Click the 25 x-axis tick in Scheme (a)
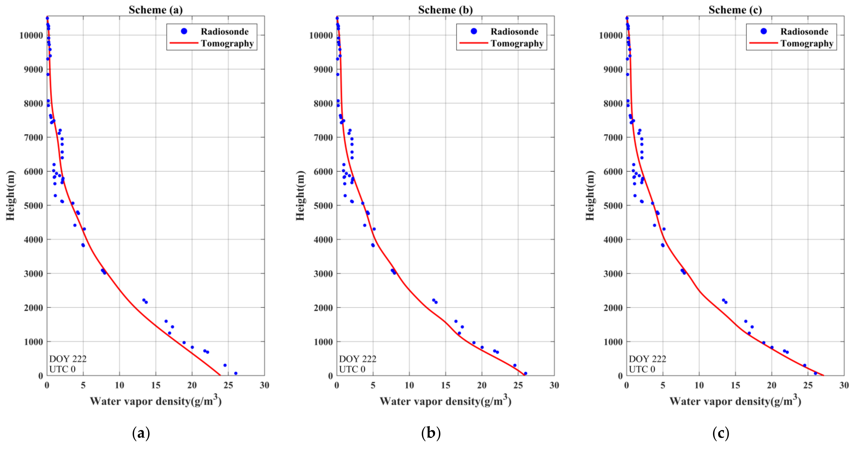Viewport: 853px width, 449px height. pos(228,385)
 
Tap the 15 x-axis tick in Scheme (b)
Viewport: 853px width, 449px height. pos(445,385)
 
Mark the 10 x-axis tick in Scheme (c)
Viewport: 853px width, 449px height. pos(699,385)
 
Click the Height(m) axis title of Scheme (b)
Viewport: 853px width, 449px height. pos(300,196)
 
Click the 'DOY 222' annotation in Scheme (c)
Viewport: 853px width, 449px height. pos(647,359)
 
